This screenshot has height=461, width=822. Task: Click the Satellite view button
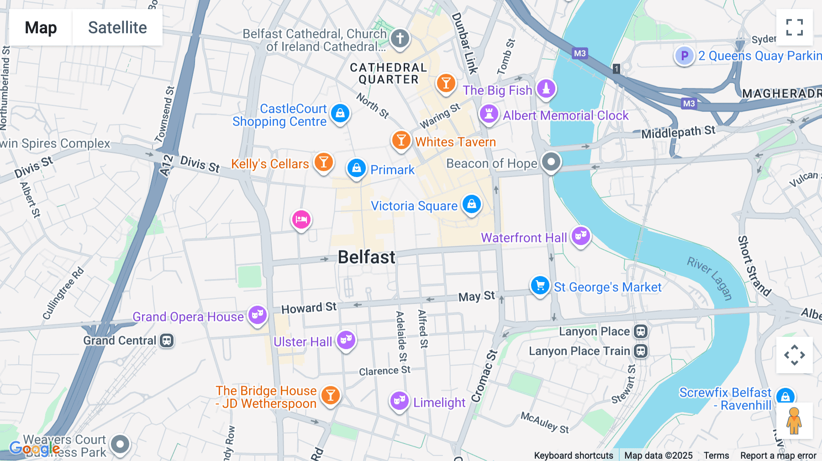[x=117, y=27]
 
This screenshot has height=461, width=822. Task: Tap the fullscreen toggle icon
[x=794, y=27]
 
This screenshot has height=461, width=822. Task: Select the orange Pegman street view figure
[x=794, y=421]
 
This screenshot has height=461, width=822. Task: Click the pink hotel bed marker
[x=301, y=220]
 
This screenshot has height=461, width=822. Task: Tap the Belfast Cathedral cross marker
[x=400, y=38]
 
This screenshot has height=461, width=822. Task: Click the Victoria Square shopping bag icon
[x=472, y=204]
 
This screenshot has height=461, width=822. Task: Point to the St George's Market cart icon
[x=540, y=286]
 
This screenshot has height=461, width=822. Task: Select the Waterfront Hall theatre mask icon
[x=581, y=236]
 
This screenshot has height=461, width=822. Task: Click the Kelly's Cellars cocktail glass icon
[x=324, y=162]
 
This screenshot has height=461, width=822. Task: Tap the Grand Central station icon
[x=167, y=341]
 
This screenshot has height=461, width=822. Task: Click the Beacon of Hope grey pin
[x=551, y=162]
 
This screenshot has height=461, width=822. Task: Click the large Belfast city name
[x=366, y=257]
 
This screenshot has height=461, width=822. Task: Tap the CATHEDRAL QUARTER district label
[x=388, y=73]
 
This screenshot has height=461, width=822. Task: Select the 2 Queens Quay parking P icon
[x=684, y=56]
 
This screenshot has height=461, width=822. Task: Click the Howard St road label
[x=309, y=308]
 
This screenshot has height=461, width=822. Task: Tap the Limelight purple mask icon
[x=399, y=401]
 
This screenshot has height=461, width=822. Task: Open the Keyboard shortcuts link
[x=573, y=456]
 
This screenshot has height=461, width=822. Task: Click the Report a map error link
[x=778, y=456]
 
